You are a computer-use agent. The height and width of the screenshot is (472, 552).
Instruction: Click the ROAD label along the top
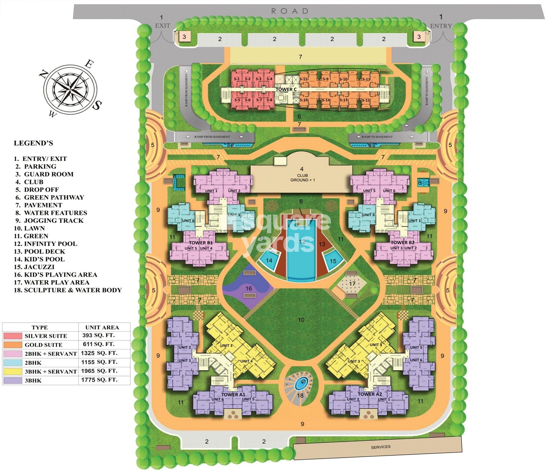click(x=289, y=11)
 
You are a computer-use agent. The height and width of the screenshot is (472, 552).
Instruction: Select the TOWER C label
click(x=286, y=89)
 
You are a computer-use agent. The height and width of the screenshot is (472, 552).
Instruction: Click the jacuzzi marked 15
click(x=333, y=261)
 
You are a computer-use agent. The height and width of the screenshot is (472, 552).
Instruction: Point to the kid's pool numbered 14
click(x=269, y=260)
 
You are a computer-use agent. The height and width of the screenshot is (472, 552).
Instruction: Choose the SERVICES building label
click(x=380, y=447)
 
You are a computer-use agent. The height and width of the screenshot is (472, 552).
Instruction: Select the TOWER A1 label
click(x=233, y=394)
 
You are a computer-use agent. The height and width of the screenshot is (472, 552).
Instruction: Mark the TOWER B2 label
click(x=402, y=242)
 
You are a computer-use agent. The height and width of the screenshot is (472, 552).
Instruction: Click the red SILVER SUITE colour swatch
click(x=13, y=336)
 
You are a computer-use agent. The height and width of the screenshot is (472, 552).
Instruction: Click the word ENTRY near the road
click(x=441, y=26)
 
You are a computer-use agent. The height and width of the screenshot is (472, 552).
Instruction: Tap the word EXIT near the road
click(x=162, y=26)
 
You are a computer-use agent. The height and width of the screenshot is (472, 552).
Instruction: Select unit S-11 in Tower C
click(x=366, y=79)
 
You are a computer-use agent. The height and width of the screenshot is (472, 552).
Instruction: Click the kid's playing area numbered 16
click(x=249, y=288)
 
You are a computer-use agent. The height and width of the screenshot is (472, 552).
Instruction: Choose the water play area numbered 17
click(x=352, y=284)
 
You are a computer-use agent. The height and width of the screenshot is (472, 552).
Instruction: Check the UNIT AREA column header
click(x=102, y=327)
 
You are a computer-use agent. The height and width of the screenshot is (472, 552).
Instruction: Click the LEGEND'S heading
click(x=33, y=143)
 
